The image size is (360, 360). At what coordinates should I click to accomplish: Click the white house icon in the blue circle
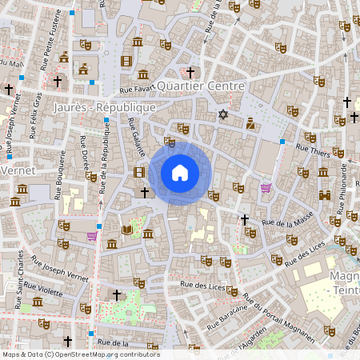click(180, 173)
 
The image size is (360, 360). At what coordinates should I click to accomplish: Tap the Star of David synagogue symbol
click(223, 114)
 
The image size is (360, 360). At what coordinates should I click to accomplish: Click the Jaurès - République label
click(103, 106)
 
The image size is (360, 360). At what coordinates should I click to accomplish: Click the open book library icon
click(127, 230)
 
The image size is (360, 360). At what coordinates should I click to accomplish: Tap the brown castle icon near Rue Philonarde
click(325, 195)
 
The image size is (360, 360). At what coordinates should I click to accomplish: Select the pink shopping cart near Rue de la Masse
click(266, 189)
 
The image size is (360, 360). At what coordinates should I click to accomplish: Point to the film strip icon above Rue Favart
click(126, 61)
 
